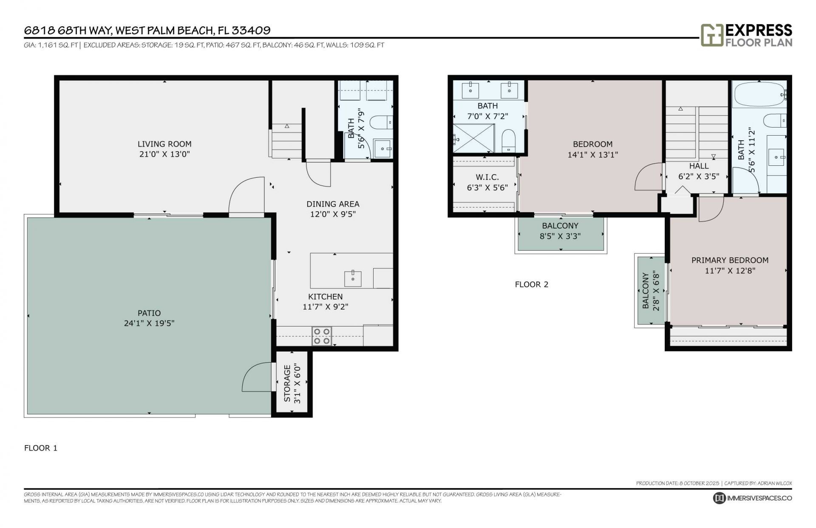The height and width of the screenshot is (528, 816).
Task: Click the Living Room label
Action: tap(164, 144)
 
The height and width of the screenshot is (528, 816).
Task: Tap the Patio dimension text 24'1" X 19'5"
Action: tap(149, 324)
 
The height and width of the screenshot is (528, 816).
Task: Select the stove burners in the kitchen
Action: tap(322, 336)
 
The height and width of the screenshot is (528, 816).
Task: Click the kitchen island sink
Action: tap(353, 279)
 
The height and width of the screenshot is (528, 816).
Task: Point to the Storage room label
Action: tap(287, 384)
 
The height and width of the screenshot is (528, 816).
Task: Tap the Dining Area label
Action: tap(333, 204)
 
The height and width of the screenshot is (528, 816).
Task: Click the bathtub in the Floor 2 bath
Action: tap(759, 94)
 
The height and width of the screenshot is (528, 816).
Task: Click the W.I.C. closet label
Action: tap(487, 177)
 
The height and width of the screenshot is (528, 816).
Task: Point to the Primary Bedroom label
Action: tap(730, 260)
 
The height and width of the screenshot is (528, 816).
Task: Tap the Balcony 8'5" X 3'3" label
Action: tap(560, 226)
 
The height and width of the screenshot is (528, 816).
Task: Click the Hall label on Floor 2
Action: tap(699, 166)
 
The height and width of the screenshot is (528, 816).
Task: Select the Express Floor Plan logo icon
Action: tap(712, 35)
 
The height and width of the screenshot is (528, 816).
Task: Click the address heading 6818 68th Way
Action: tap(147, 30)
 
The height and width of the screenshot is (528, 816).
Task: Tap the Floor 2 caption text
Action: tap(531, 284)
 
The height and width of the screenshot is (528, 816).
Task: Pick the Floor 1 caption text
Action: tap(40, 448)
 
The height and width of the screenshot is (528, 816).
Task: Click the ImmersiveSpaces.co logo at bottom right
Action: tap(752, 498)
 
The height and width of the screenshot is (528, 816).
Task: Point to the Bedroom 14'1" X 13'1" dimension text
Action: tap(592, 155)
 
